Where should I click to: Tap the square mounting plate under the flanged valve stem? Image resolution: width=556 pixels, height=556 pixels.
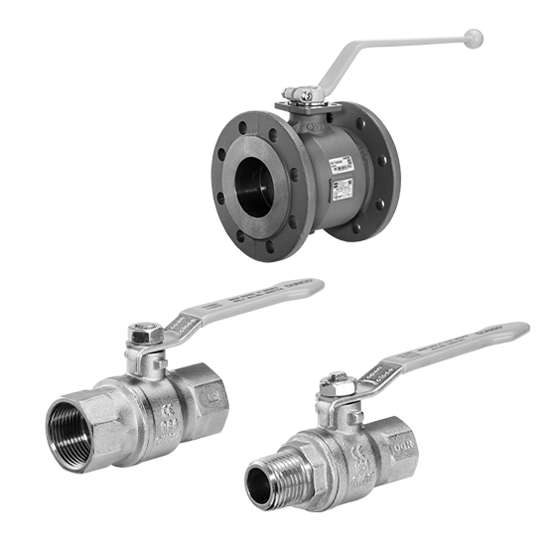coord(297,118)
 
